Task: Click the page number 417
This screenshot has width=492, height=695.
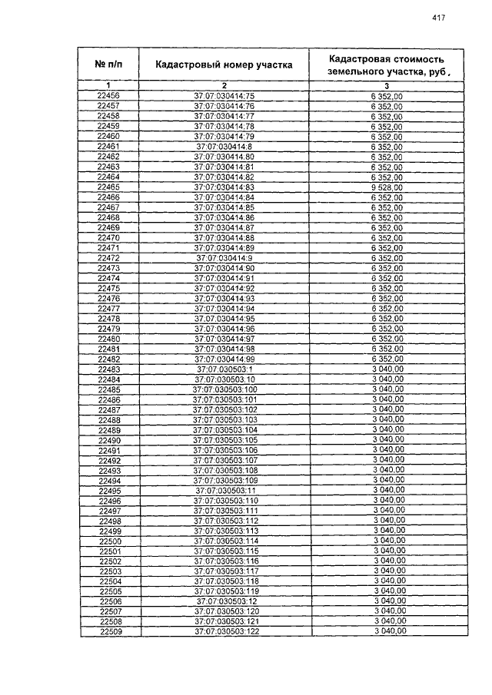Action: (x=439, y=18)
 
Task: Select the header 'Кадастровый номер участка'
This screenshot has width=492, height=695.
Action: (x=224, y=65)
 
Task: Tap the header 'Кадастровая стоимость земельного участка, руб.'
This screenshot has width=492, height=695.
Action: (x=386, y=65)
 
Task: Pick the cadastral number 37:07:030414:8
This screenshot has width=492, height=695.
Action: (x=224, y=146)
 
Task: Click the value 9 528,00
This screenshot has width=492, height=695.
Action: (x=387, y=187)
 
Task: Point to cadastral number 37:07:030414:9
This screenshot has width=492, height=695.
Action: (x=224, y=258)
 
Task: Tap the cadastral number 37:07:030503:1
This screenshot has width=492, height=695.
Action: (x=224, y=369)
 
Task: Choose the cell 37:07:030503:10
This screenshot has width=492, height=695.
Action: (x=224, y=379)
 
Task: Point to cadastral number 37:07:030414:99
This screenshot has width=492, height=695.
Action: (x=224, y=359)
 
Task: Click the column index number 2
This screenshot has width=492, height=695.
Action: (x=224, y=84)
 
